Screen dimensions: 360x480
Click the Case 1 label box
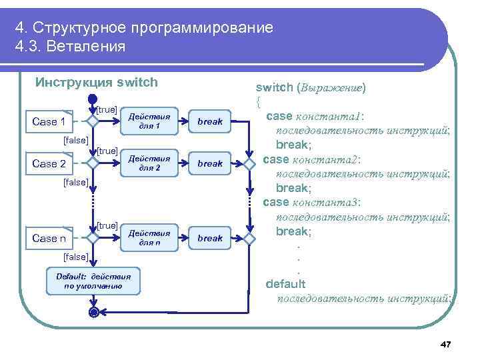coord(49,121)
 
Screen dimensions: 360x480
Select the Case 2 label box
coord(49,163)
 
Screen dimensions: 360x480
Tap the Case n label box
coord(49,238)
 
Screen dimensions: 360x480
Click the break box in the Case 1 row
coord(210,121)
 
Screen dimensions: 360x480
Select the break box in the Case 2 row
coord(210,163)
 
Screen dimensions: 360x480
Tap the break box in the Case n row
coord(210,238)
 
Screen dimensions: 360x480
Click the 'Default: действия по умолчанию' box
coord(93,281)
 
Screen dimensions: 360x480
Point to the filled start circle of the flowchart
coord(93,99)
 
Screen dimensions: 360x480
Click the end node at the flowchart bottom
coord(93,312)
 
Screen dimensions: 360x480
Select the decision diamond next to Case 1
coord(93,121)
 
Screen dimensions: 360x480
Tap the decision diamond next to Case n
coord(93,238)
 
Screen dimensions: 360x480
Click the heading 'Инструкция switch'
coord(97,83)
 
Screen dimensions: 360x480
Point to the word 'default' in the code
coord(286,284)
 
